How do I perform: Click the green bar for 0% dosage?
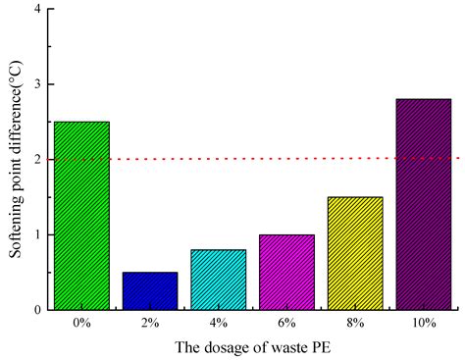(81, 216)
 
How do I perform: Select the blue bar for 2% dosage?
(150, 291)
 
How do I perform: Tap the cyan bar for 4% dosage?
(219, 280)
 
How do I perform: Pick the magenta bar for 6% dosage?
(286, 273)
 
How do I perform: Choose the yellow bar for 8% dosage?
(355, 253)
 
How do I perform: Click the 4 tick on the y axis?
(37, 10)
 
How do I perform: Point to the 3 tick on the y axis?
(37, 84)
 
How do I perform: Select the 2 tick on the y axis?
(37, 160)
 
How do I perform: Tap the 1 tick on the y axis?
(37, 234)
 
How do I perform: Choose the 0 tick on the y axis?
(37, 310)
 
